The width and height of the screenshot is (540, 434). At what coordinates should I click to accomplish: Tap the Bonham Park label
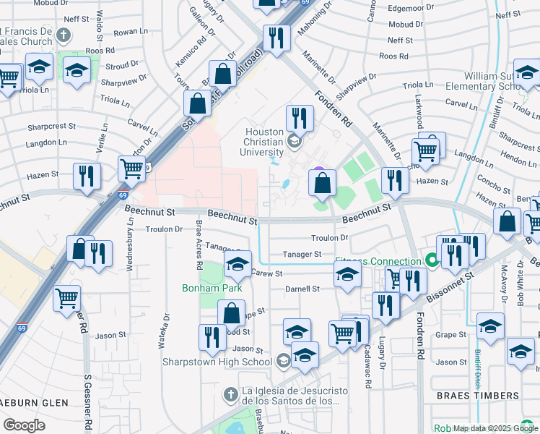pyautogui.click(x=211, y=289)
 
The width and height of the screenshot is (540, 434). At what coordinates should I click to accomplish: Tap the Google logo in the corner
pyautogui.click(x=24, y=425)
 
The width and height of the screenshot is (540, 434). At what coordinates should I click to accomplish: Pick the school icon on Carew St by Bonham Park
pyautogui.click(x=238, y=265)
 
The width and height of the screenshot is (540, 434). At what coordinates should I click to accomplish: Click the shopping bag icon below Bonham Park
pyautogui.click(x=232, y=314)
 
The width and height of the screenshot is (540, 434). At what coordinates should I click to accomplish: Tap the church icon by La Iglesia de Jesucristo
pyautogui.click(x=230, y=395)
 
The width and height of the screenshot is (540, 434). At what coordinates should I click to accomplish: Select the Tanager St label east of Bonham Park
pyautogui.click(x=302, y=255)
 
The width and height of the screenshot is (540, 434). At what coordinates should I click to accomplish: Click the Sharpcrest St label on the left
pyautogui.click(x=51, y=126)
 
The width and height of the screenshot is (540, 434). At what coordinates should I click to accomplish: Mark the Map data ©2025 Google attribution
pyautogui.click(x=495, y=428)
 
